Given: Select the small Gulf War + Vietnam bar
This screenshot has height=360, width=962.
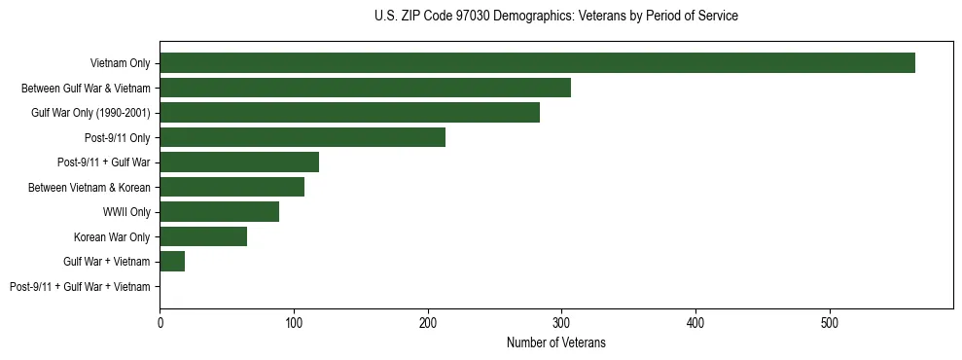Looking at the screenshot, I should [x=172, y=262].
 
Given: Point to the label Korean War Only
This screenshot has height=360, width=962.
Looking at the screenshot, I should [x=112, y=236].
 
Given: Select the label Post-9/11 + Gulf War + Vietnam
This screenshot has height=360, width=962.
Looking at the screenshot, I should [x=80, y=287].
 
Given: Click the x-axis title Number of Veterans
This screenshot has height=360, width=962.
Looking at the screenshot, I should [x=555, y=342].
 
